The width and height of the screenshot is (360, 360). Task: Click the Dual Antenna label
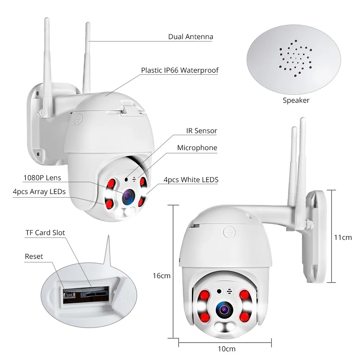coord(190,37)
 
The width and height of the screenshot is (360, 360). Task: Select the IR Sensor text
coord(202,130)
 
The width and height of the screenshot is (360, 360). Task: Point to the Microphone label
coord(197,148)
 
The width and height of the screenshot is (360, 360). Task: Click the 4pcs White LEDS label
coord(191,180)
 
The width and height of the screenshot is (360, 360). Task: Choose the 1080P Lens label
coord(42,178)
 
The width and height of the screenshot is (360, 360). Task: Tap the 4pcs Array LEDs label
coord(39,192)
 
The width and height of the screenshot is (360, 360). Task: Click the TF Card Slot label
coord(45,233)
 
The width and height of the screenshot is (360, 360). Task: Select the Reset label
coord(34,256)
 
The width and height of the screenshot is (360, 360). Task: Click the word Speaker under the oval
coord(296,100)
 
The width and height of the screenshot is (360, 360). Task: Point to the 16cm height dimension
coord(161,276)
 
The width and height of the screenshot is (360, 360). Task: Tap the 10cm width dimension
coord(226,349)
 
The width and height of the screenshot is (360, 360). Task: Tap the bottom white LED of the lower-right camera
coord(223,326)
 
